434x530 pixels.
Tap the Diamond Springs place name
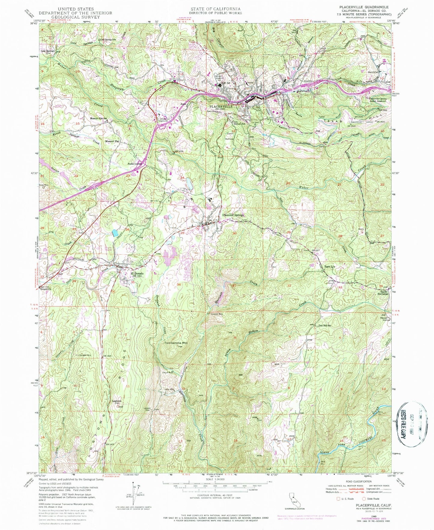(233, 215)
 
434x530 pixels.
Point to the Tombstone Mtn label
(176, 342)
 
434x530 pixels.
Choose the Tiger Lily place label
(330, 267)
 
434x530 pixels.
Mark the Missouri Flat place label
(112, 141)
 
